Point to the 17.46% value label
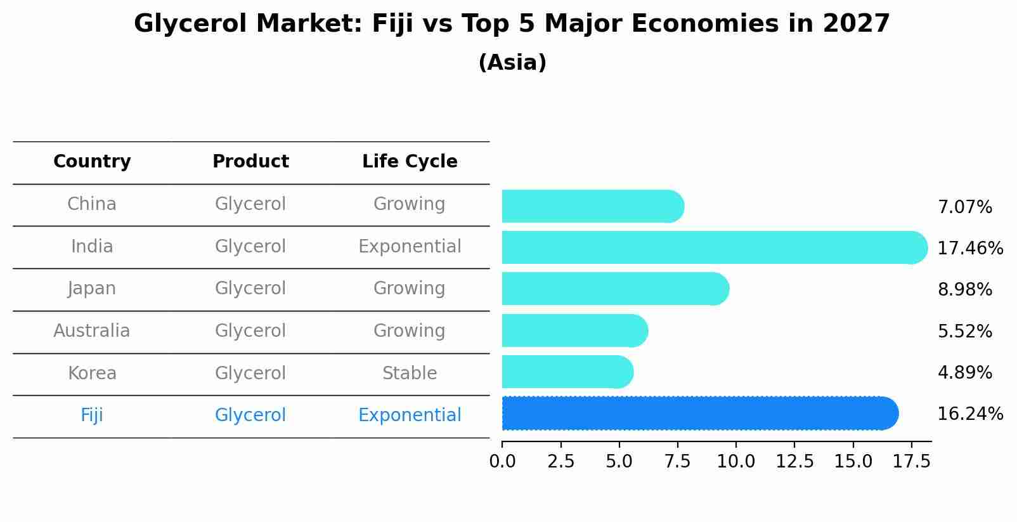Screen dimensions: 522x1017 [x=970, y=248]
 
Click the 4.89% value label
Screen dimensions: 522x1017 [x=964, y=372]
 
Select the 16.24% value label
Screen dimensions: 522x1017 [x=970, y=414]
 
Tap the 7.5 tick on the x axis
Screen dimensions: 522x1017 [x=677, y=462]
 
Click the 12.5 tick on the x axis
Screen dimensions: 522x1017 [x=794, y=462]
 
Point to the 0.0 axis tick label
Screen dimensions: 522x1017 [x=502, y=462]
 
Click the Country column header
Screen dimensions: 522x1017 [x=92, y=162]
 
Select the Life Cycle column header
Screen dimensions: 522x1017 [x=410, y=162]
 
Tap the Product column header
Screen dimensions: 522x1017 [x=250, y=162]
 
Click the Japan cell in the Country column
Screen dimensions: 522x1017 [x=92, y=289]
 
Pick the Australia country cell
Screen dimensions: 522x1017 [x=92, y=331]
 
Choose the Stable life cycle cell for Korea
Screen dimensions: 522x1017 [x=410, y=374]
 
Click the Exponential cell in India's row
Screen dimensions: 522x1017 [x=410, y=247]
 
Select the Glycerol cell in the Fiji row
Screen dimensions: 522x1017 [x=250, y=415]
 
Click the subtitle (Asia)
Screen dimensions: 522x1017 [x=512, y=63]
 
